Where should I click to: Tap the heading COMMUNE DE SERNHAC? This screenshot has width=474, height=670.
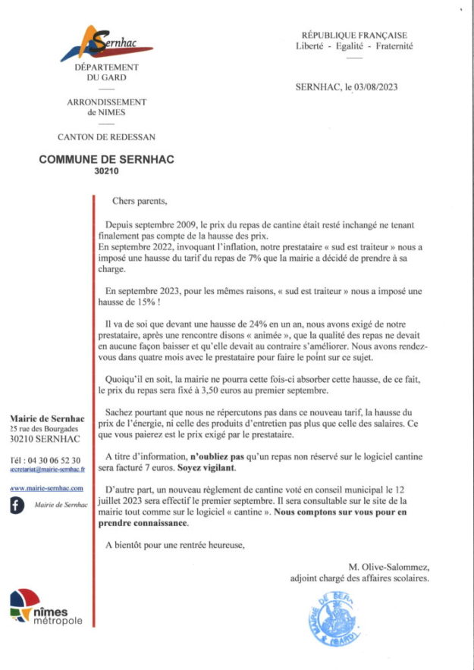tap(101, 160)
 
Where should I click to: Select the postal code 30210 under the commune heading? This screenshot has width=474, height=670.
tap(101, 171)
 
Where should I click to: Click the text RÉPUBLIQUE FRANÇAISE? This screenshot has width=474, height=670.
tap(354, 35)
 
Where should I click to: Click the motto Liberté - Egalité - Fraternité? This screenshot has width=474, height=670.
tap(354, 45)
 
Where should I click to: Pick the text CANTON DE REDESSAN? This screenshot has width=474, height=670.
tap(106, 137)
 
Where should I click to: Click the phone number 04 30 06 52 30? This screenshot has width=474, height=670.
tap(54, 460)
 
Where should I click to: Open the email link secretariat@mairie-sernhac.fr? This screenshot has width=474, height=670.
tap(47, 470)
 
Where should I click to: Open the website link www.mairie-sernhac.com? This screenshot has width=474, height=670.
tap(46, 488)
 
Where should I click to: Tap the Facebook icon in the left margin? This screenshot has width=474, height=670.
tap(17, 506)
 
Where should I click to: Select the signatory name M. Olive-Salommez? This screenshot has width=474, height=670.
tap(388, 567)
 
